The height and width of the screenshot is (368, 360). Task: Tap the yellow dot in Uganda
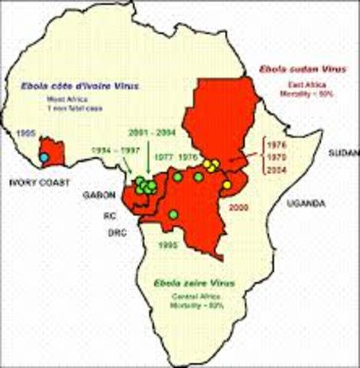coord(226,185)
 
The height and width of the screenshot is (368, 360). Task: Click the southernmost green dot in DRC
coord(173,214)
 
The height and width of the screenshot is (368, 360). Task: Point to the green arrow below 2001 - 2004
coord(148,159)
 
